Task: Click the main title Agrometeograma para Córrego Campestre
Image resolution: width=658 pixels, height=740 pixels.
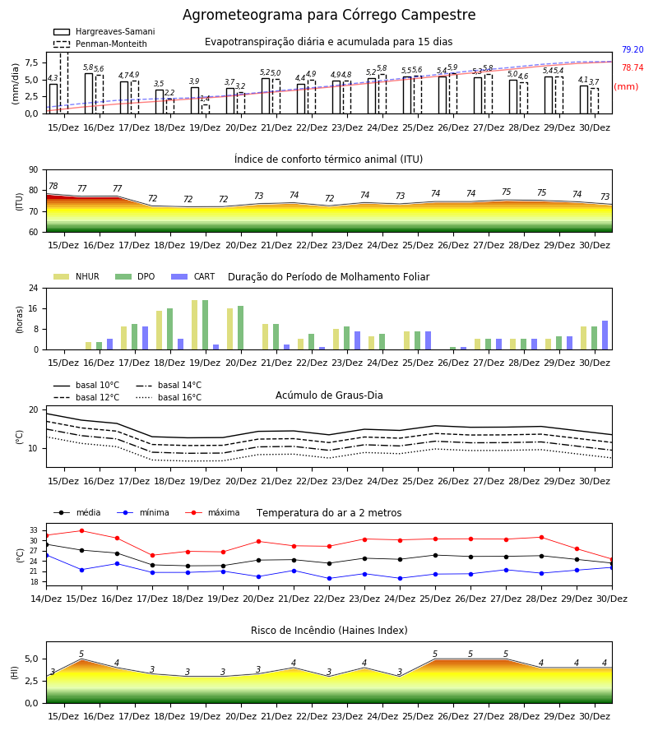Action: [x=329, y=15]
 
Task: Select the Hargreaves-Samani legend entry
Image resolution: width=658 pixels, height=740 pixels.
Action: [x=104, y=31]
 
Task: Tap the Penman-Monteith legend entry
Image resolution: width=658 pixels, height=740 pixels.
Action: [x=100, y=44]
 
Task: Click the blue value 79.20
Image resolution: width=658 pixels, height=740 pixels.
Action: [x=633, y=49]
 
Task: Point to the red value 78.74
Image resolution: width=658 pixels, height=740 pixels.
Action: [x=633, y=67]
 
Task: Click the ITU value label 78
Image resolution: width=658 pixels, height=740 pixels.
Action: [x=53, y=186]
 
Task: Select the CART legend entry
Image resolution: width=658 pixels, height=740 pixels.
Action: [x=192, y=276]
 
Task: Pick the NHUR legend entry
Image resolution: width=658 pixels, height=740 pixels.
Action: [x=76, y=276]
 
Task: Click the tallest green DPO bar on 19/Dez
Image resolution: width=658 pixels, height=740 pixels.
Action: [x=206, y=325]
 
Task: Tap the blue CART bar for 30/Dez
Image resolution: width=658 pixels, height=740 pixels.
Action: [x=605, y=335]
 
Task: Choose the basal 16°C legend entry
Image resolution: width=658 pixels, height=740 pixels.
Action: [x=169, y=397]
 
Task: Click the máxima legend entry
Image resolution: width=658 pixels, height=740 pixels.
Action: [x=212, y=512]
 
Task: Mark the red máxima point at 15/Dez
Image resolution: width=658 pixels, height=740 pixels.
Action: [x=81, y=530]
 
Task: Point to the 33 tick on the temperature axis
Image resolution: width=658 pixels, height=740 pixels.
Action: [x=34, y=530]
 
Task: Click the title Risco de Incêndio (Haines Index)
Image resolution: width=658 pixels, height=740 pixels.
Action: [x=329, y=630]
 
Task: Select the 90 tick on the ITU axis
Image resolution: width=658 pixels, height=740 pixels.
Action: [x=34, y=170]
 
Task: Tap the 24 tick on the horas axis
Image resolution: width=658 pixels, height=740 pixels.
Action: [x=34, y=288]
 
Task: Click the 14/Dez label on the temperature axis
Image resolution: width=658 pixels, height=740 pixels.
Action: [x=46, y=599]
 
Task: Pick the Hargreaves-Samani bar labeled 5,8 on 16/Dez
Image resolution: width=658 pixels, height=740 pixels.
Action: [x=89, y=94]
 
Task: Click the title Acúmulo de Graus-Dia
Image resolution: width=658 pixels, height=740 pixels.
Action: [x=329, y=395]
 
